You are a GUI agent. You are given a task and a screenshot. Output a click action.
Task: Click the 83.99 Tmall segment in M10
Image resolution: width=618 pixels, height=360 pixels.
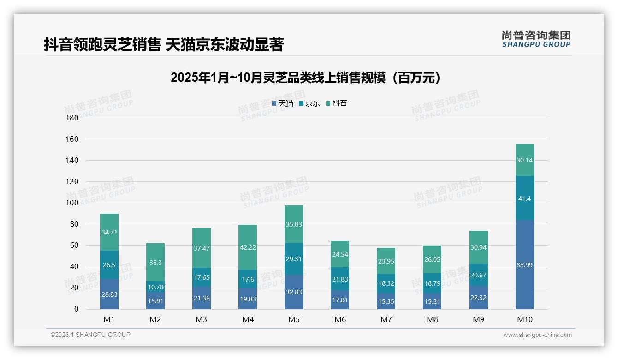click(524, 265)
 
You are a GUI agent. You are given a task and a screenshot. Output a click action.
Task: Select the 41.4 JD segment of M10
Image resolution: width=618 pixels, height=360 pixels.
click(524, 198)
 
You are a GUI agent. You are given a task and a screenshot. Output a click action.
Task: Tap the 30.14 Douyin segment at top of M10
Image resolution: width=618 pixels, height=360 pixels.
click(524, 160)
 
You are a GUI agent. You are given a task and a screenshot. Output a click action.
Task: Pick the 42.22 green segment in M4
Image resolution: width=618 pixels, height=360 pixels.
click(248, 247)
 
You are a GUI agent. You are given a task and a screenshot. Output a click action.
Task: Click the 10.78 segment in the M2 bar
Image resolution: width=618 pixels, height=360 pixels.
click(155, 287)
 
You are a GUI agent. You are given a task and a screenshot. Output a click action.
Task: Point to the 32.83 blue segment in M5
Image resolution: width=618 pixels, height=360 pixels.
click(294, 292)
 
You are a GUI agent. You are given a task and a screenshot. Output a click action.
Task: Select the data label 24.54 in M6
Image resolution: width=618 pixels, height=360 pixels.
click(340, 254)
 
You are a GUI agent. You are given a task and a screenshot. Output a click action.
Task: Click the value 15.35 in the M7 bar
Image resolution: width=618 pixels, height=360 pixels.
click(386, 301)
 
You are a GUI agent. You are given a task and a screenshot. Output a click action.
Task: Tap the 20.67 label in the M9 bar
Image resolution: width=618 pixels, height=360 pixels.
click(478, 275)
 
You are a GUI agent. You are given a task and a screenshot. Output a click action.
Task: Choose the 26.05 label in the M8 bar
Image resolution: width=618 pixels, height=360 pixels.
click(432, 259)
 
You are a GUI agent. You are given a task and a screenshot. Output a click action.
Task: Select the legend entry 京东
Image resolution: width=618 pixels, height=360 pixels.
click(309, 103)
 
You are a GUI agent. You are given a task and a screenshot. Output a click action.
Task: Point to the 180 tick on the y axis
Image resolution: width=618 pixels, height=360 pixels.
click(72, 118)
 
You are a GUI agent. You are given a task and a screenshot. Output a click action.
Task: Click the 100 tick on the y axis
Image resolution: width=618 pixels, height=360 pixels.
click(72, 203)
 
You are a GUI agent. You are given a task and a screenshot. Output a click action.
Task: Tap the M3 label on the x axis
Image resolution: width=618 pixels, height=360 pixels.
click(202, 319)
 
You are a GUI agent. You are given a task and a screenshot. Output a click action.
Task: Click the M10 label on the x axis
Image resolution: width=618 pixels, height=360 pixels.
click(524, 319)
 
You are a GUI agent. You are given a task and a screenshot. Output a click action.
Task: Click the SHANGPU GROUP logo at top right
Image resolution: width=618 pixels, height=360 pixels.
click(536, 39)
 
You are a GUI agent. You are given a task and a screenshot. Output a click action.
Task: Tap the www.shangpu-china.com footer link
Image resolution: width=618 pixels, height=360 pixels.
click(537, 335)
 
